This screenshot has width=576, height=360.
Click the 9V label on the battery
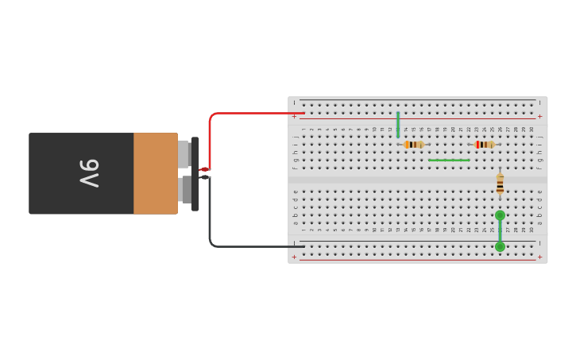[x=89, y=173]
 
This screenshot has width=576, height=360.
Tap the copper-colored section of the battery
[x=155, y=173]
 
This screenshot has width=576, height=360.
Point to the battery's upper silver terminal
[x=184, y=153]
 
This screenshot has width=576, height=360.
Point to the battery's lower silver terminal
[x=185, y=189]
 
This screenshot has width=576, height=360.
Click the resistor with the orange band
[x=413, y=145]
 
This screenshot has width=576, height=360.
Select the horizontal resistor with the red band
[x=484, y=145]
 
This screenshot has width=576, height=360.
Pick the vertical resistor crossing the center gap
[x=500, y=184]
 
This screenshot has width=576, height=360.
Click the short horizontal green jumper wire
[x=449, y=161]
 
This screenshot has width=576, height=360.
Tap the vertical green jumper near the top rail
[x=398, y=125]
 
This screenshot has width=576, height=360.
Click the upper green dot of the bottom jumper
[x=500, y=215]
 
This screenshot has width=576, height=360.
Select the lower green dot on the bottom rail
[x=500, y=247]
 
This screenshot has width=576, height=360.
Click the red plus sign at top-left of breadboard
[x=294, y=117]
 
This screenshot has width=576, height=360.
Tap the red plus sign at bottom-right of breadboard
[x=540, y=257]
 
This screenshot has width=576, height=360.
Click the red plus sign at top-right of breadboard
[x=540, y=117]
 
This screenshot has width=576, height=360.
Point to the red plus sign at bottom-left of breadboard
[x=294, y=257]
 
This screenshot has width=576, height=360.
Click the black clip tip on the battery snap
[x=204, y=177]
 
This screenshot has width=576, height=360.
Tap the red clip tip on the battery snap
[x=204, y=169]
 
